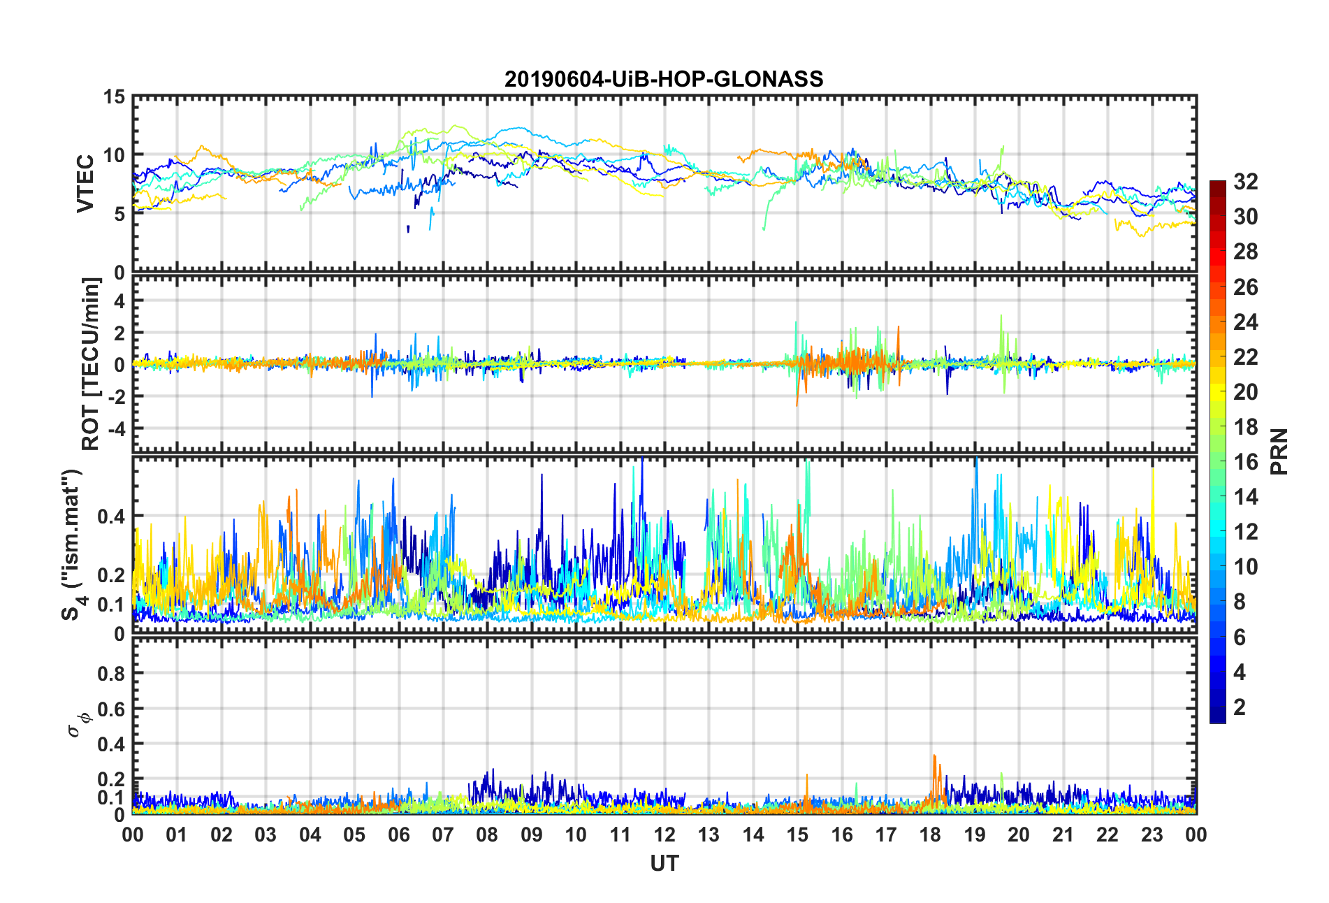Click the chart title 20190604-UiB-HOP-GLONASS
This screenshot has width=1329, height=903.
pyautogui.click(x=664, y=79)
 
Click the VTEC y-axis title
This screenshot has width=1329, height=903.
pyautogui.click(x=85, y=184)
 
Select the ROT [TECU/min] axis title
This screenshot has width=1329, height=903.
pyautogui.click(x=91, y=363)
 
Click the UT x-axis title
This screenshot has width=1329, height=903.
pyautogui.click(x=664, y=864)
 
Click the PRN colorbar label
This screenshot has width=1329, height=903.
pyautogui.click(x=1279, y=451)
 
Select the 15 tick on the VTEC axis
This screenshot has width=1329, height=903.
pyautogui.click(x=114, y=97)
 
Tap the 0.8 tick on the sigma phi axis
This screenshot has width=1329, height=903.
pyautogui.click(x=110, y=674)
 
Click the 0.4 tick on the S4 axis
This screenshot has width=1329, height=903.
pyautogui.click(x=110, y=516)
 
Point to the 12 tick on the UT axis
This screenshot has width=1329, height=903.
pyautogui.click(x=664, y=835)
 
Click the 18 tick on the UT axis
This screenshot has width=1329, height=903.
pyautogui.click(x=930, y=835)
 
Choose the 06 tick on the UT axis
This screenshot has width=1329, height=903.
pyautogui.click(x=398, y=835)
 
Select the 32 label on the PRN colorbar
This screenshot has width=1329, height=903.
pyautogui.click(x=1245, y=182)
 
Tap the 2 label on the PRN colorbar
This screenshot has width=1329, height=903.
pyautogui.click(x=1240, y=707)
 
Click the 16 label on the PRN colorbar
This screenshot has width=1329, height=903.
pyautogui.click(x=1245, y=462)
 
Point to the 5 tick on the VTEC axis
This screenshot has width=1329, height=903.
pyautogui.click(x=119, y=214)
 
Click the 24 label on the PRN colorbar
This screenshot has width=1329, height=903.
pyautogui.click(x=1245, y=322)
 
